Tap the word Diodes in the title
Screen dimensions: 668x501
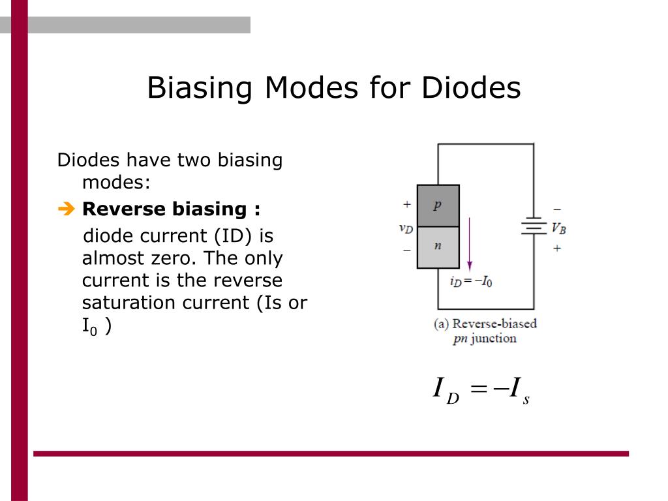[471, 87]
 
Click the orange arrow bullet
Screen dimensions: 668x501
[67, 209]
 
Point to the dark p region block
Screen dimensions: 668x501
[438, 205]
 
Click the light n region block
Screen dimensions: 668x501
[438, 247]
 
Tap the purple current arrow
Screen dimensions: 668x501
[470, 244]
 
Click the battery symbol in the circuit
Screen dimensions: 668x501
[534, 226]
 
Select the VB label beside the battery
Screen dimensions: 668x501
[558, 229]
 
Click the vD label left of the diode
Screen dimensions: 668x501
[406, 228]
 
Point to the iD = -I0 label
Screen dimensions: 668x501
[471, 282]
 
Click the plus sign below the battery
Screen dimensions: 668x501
[557, 248]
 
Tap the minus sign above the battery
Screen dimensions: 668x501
[557, 209]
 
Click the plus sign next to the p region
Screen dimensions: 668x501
[407, 204]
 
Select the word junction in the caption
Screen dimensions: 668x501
[493, 339]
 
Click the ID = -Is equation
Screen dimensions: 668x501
[481, 390]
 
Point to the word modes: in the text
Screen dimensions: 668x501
[116, 183]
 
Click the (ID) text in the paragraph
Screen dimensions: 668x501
[233, 236]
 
